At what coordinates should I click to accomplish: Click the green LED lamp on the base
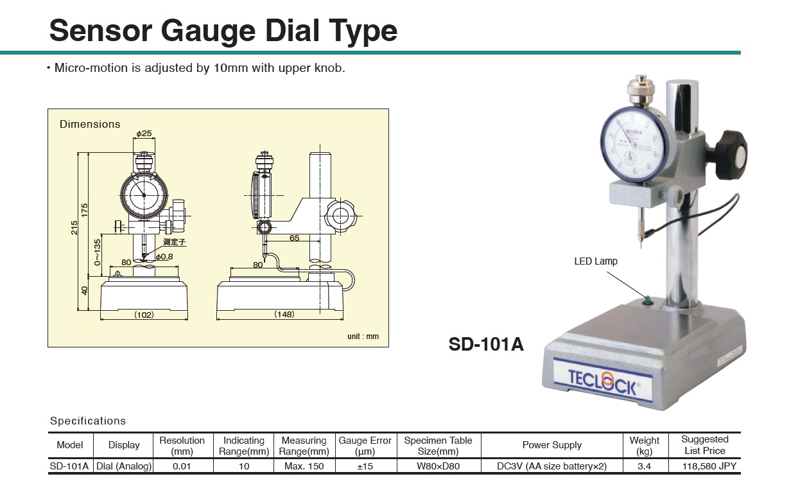(x=647, y=299)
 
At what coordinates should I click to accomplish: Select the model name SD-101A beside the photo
(x=486, y=345)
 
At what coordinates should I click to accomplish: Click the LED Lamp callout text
(x=596, y=261)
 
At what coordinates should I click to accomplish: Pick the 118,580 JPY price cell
(x=705, y=466)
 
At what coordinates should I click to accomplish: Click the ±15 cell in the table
(x=365, y=466)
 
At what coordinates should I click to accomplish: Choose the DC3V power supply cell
(x=551, y=466)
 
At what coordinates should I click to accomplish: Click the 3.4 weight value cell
(x=645, y=466)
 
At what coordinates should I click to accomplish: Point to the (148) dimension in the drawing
(x=284, y=315)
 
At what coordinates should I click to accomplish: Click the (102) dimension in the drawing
(x=144, y=315)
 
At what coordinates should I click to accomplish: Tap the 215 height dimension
(x=74, y=227)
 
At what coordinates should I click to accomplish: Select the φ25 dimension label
(x=144, y=134)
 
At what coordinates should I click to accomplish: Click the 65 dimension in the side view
(x=294, y=238)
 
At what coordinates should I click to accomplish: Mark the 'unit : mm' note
(x=363, y=337)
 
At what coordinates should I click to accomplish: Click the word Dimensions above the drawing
(x=90, y=124)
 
